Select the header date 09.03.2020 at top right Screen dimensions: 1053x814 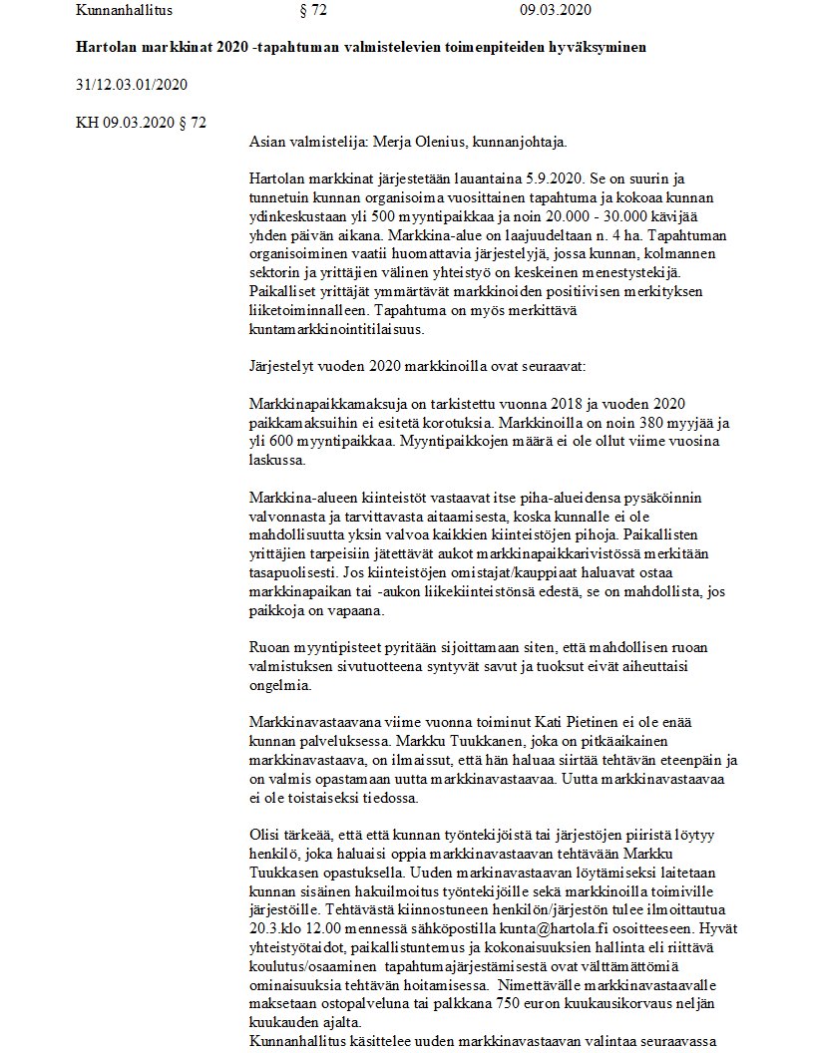pos(556,11)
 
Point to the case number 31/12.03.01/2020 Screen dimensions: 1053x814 pos(132,85)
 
